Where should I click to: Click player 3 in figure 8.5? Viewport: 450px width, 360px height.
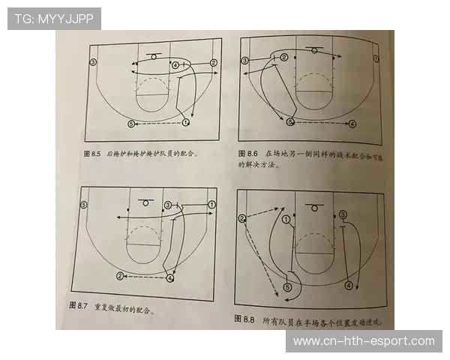pyautogui.click(x=93, y=61)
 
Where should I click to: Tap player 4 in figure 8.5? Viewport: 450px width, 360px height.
pyautogui.click(x=175, y=66)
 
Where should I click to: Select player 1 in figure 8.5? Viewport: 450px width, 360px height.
pyautogui.click(x=185, y=121)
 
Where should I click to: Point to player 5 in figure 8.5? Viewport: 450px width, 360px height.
pyautogui.click(x=131, y=123)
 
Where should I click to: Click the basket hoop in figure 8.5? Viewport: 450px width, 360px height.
pyautogui.click(x=154, y=57)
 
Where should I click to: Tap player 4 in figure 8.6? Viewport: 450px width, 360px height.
pyautogui.click(x=352, y=122)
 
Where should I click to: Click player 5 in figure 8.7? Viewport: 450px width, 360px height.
pyautogui.click(x=84, y=204)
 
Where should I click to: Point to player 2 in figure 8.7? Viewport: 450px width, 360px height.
pyautogui.click(x=120, y=276)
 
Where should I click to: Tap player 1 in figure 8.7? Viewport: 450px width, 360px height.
pyautogui.click(x=211, y=204)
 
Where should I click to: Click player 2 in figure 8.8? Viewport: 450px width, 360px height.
pyautogui.click(x=242, y=218)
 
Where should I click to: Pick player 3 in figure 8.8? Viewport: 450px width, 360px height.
pyautogui.click(x=343, y=214)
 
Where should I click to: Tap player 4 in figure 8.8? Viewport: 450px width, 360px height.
pyautogui.click(x=349, y=285)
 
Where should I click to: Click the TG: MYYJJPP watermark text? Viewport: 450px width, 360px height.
pyautogui.click(x=53, y=19)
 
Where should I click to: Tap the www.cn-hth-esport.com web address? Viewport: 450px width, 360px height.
pyautogui.click(x=363, y=341)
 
